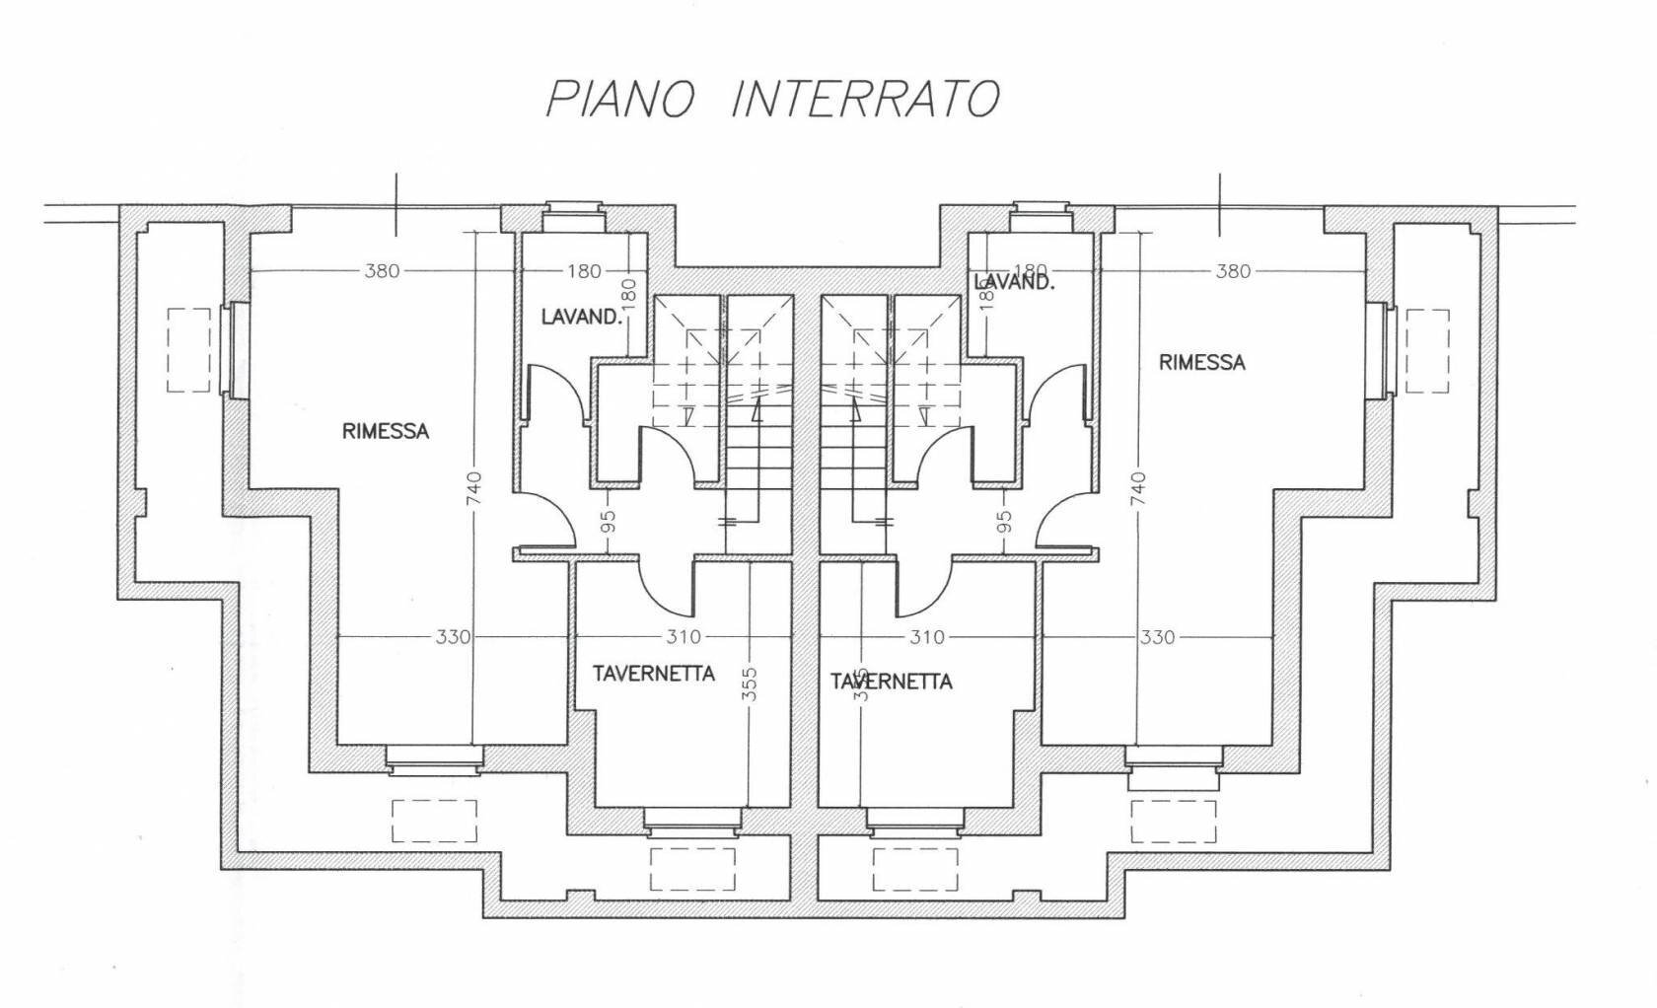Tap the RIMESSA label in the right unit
click(x=1201, y=362)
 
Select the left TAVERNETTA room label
click(x=653, y=674)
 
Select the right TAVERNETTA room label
click(x=892, y=682)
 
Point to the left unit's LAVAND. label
click(x=582, y=317)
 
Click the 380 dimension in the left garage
click(x=382, y=270)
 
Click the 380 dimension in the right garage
click(x=1233, y=270)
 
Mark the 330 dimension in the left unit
click(x=453, y=637)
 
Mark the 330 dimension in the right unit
click(x=1157, y=637)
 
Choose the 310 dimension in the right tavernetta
click(x=926, y=637)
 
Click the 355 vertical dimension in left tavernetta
click(x=749, y=684)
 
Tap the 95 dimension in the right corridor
click(x=1004, y=521)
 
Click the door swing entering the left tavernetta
click(x=666, y=588)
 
